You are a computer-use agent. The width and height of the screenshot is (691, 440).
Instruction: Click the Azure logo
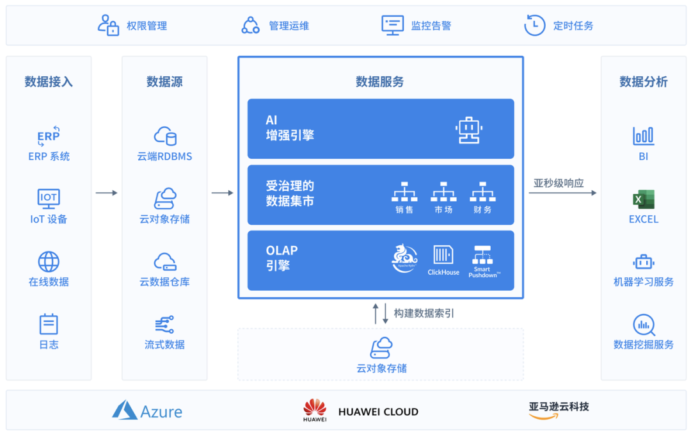point(125,411)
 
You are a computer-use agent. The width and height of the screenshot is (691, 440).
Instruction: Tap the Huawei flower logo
point(315,408)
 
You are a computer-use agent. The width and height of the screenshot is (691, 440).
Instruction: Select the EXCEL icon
point(643,199)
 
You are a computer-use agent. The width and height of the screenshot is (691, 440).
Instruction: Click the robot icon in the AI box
point(469,129)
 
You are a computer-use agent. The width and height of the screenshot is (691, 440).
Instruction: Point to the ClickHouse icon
point(443,255)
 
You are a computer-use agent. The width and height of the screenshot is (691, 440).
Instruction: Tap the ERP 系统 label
point(49,156)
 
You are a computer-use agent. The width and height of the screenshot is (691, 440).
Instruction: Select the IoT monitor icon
point(49,198)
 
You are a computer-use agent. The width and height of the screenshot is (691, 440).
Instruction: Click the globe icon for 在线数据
point(49,261)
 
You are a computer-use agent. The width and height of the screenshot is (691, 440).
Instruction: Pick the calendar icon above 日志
point(49,324)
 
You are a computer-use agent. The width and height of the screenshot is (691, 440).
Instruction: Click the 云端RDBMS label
point(164,156)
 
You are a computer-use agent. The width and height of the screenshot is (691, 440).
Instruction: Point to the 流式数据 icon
point(164,324)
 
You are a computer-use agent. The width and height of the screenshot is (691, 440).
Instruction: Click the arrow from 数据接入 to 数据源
point(106,193)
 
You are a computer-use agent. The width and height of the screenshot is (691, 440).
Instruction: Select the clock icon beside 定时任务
point(534,25)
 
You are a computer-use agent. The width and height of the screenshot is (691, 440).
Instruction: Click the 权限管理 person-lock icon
point(108,25)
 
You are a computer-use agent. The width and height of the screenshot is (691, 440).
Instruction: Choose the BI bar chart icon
point(643,136)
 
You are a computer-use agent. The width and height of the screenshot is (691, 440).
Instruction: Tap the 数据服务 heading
point(380,82)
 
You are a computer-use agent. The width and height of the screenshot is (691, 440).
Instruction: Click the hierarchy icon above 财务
point(482,192)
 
